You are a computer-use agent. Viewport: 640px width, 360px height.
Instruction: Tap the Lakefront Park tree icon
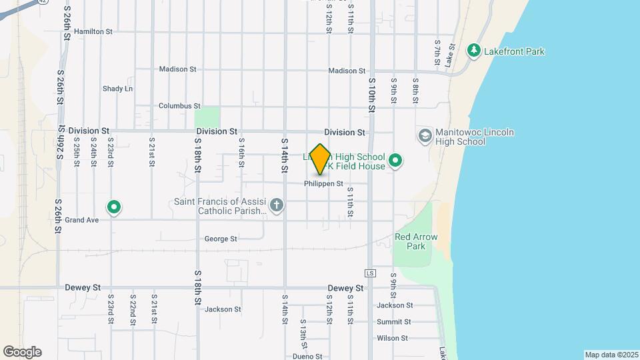(x=473, y=51)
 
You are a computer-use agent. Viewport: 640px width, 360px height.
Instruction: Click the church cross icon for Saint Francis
(x=277, y=206)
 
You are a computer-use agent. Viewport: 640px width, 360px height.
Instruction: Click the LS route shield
(x=371, y=273)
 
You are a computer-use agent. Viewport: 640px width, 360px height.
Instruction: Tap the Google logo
(x=22, y=352)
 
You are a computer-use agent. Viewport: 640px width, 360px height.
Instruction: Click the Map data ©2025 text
(x=611, y=355)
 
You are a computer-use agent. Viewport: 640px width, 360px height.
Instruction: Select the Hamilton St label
(x=93, y=31)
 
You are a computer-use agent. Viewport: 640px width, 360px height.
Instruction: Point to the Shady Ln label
(x=117, y=89)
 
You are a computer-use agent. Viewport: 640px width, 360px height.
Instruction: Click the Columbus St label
(x=179, y=106)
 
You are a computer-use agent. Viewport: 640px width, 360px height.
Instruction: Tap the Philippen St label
(x=323, y=184)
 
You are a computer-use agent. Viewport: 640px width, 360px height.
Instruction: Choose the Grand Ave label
(x=82, y=220)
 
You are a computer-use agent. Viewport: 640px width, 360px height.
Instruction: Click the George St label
(x=221, y=239)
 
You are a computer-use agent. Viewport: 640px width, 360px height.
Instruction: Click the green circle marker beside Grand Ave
(x=114, y=207)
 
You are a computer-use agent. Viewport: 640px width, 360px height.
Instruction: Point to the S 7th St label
(x=437, y=51)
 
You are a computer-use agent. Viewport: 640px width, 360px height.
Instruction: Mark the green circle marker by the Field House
(x=395, y=160)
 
